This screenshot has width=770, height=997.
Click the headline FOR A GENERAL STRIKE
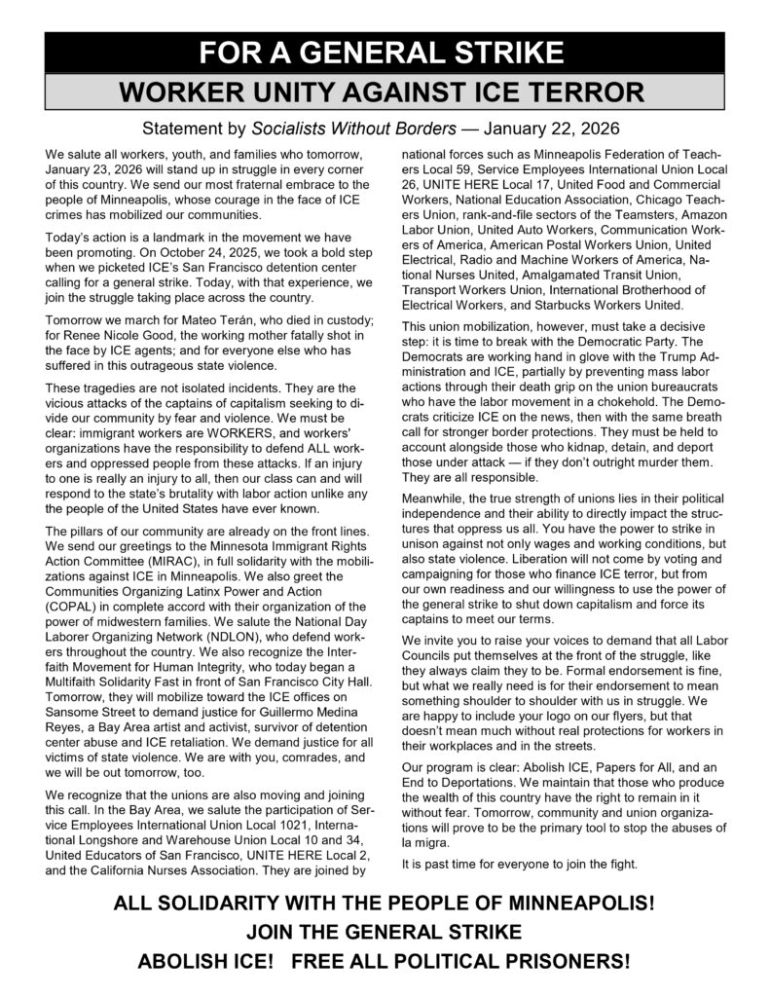click(384, 51)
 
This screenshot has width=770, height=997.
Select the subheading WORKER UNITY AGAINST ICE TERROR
click(384, 93)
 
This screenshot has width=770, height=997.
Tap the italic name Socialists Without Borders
click(354, 129)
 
